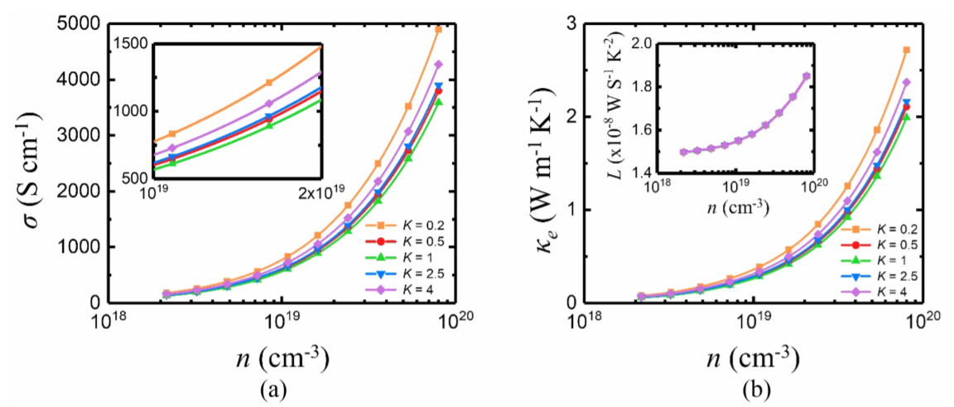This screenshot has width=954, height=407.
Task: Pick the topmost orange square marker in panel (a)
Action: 439,29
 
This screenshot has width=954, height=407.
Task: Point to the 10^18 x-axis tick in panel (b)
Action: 584,319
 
